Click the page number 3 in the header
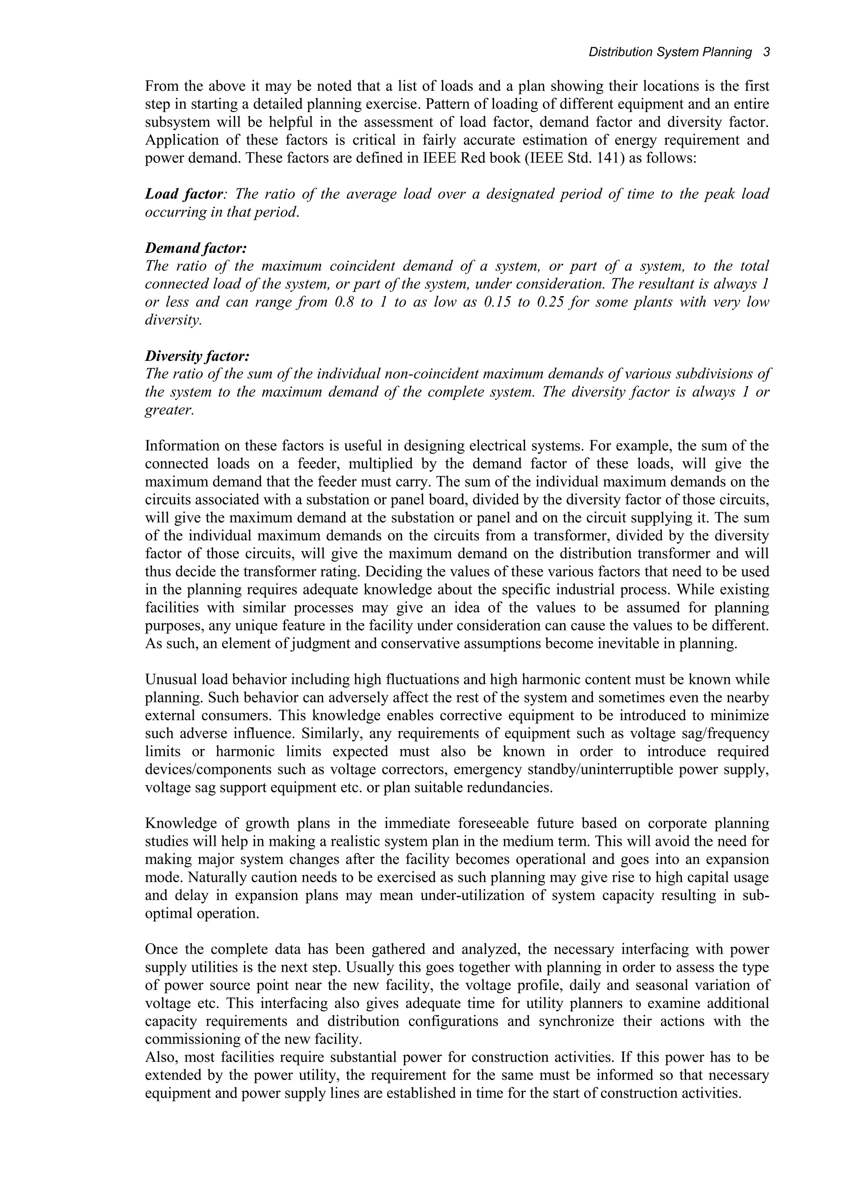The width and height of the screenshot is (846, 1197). tap(766, 52)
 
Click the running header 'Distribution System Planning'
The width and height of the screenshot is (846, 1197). tap(670, 52)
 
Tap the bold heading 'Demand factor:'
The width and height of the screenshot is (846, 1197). tap(196, 248)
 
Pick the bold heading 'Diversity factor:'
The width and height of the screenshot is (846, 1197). tap(197, 357)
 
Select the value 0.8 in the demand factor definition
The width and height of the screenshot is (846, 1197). tap(344, 302)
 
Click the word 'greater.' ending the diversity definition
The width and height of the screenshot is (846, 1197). tap(169, 410)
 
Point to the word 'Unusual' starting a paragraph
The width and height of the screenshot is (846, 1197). tap(170, 680)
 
